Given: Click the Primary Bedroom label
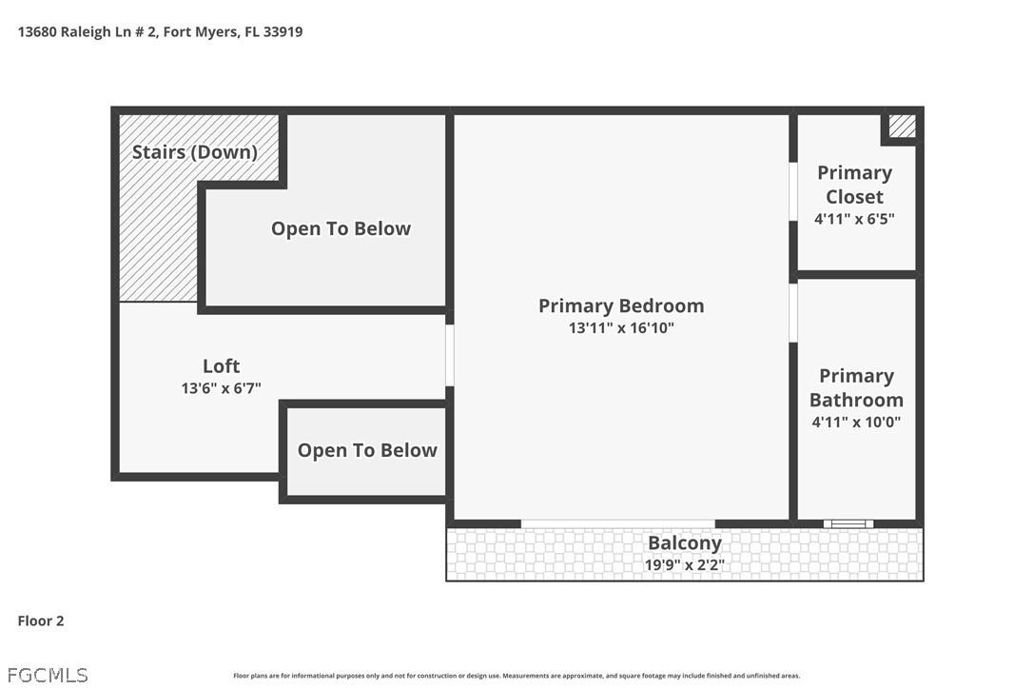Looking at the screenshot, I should (x=621, y=305).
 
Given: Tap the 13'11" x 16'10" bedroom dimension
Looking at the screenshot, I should (x=621, y=328).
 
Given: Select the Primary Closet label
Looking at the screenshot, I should (x=854, y=185).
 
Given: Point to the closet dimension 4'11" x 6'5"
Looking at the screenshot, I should (x=854, y=219).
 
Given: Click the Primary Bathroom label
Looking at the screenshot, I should (x=856, y=387).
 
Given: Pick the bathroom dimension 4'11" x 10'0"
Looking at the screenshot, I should (x=856, y=422).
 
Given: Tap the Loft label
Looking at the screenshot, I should (x=221, y=365).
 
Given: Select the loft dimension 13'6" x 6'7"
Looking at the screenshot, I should (x=221, y=388).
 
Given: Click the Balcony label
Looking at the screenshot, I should (x=684, y=543).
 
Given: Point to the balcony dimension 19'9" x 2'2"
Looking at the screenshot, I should (x=684, y=565).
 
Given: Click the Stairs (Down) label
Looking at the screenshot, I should (x=195, y=152).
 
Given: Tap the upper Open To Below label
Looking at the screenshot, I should (x=341, y=228).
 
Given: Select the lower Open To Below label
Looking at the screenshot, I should (x=367, y=450).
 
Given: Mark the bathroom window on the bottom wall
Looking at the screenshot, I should (x=848, y=523).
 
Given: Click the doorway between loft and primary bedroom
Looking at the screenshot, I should (x=450, y=355).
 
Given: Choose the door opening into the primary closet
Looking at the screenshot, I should (x=792, y=192).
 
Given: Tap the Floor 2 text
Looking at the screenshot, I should (x=41, y=621).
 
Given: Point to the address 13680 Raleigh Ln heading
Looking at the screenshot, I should (x=160, y=31).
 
